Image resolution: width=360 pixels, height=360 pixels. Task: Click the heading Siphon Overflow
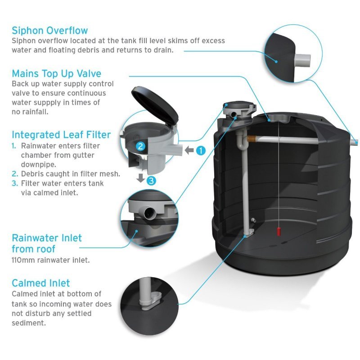49,31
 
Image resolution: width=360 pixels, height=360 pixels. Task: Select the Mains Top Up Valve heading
56,73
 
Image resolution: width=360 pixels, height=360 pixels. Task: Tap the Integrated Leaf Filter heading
61,135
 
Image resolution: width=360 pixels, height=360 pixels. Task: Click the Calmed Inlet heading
40,283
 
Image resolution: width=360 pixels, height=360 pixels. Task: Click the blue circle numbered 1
200,150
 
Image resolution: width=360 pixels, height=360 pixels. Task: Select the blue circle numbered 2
140,146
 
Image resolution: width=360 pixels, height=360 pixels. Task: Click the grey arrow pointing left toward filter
188,150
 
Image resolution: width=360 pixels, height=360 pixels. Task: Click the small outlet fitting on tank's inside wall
253,220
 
